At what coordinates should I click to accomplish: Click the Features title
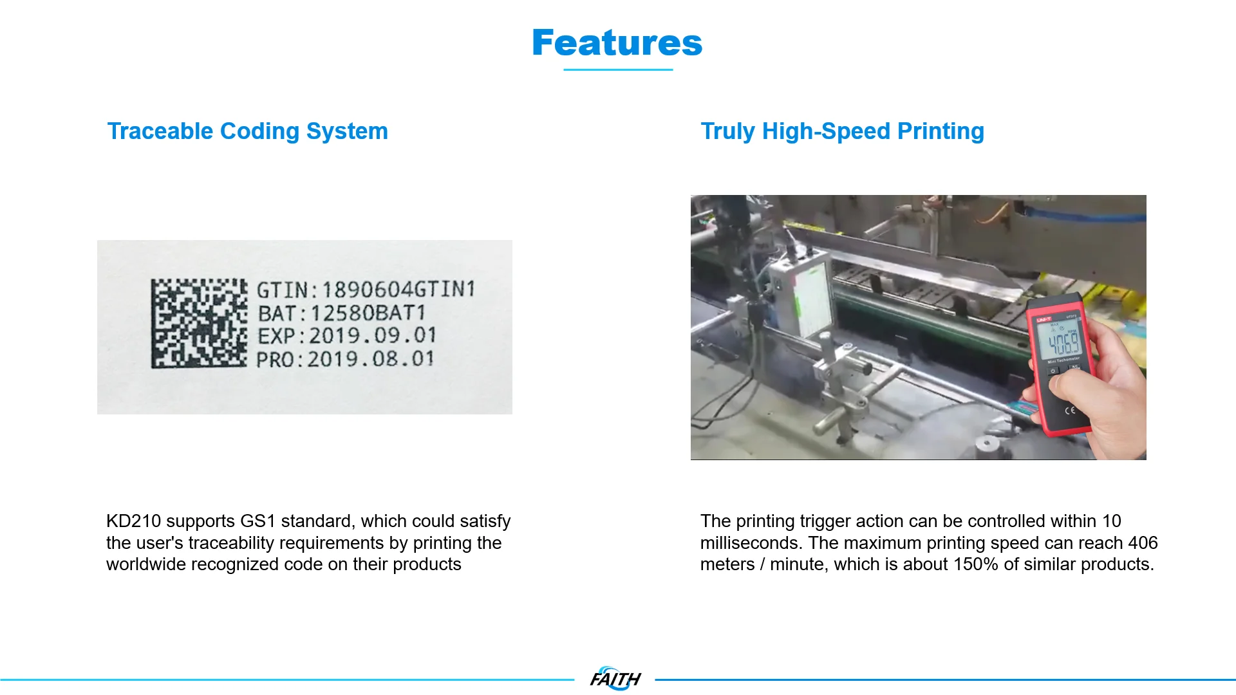[x=617, y=42]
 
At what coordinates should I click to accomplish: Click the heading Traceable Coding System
[x=247, y=131]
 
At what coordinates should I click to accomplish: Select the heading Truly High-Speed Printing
[x=842, y=131]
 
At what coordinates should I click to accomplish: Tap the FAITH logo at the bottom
[x=615, y=678]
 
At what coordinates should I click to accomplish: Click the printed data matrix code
[x=199, y=323]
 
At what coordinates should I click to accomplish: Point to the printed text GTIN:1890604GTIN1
[x=366, y=290]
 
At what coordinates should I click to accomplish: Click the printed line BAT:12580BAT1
[x=341, y=313]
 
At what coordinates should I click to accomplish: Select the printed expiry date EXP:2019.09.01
[x=346, y=336]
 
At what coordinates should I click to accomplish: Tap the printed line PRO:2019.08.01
[x=345, y=359]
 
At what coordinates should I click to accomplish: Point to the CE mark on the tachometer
[x=1070, y=410]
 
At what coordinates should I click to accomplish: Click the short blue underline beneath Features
[x=618, y=69]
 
